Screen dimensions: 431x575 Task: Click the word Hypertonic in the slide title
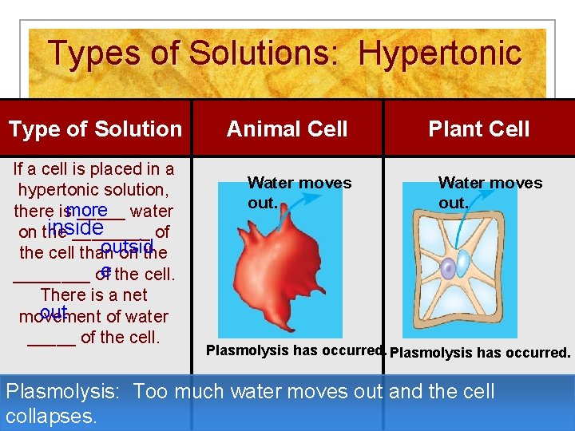[440, 53]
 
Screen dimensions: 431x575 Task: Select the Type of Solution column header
[95, 129]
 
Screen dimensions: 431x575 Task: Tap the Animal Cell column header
[287, 129]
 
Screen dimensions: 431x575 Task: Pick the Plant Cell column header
[478, 129]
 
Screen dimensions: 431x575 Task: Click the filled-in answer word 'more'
[88, 210]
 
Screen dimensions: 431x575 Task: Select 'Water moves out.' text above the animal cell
[299, 192]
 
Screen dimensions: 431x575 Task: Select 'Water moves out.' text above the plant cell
[490, 192]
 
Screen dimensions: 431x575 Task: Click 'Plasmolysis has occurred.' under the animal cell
[296, 350]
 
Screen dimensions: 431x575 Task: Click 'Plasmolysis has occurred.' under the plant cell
[480, 352]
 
